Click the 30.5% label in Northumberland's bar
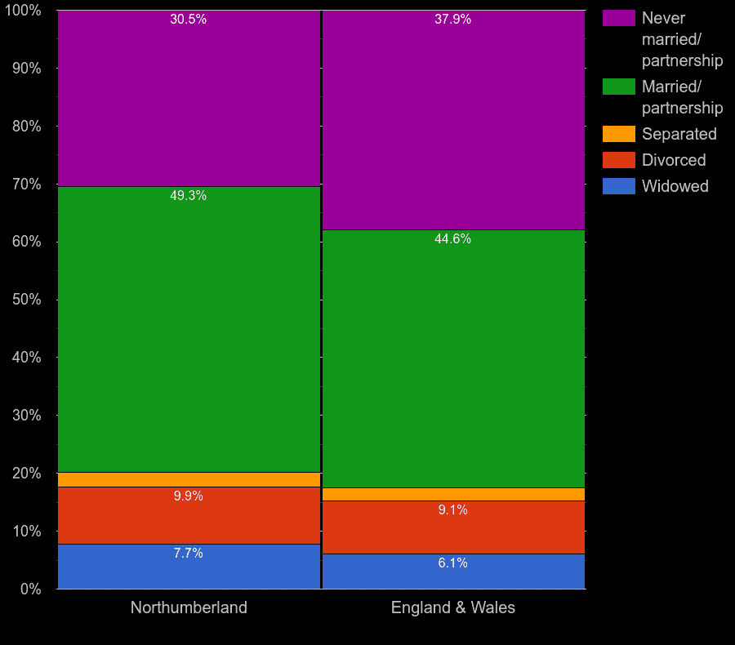click(188, 20)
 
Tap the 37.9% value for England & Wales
click(452, 20)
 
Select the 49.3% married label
click(188, 196)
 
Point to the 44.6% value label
click(452, 239)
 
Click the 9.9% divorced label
click(188, 496)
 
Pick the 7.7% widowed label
click(188, 554)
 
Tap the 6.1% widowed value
click(452, 563)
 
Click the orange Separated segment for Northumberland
click(188, 479)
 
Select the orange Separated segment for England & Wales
click(452, 494)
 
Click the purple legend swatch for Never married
click(618, 18)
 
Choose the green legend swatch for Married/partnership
click(618, 87)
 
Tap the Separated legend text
click(679, 134)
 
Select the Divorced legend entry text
click(674, 160)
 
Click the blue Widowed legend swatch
click(618, 186)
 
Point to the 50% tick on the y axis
click(27, 300)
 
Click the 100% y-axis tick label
click(24, 11)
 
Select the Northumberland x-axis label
click(189, 607)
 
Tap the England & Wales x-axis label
click(452, 607)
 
